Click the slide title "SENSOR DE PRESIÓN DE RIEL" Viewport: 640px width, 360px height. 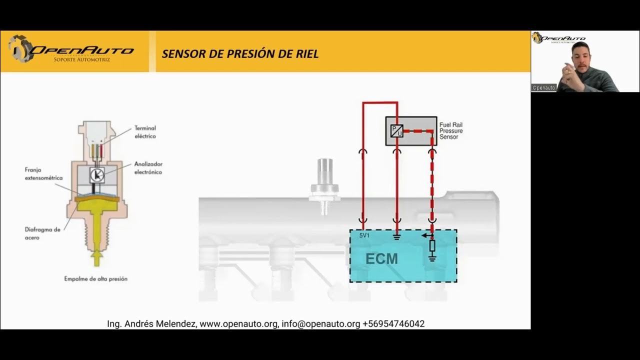pyautogui.click(x=240, y=54)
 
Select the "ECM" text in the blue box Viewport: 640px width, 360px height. pyautogui.click(x=381, y=258)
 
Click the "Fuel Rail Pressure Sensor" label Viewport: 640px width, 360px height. pyautogui.click(x=450, y=130)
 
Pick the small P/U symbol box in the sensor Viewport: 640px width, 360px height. pyautogui.click(x=396, y=130)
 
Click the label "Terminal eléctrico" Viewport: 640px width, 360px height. pyautogui.click(x=145, y=132)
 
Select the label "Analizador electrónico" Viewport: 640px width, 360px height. pyautogui.click(x=148, y=168)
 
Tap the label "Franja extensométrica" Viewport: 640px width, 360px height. pyautogui.click(x=43, y=173)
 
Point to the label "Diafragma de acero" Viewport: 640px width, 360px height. pyautogui.click(x=42, y=233)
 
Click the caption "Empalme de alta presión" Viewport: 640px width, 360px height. pyautogui.click(x=95, y=278)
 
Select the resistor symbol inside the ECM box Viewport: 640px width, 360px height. pyautogui.click(x=432, y=246)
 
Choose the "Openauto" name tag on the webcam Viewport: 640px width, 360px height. pyautogui.click(x=543, y=87)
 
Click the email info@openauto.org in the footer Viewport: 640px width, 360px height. pyautogui.click(x=320, y=323)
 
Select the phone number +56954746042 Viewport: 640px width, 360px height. pyautogui.click(x=393, y=323)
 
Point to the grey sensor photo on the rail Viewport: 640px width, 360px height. pyautogui.click(x=325, y=185)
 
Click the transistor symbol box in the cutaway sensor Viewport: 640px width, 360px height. pyautogui.click(x=96, y=174)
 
